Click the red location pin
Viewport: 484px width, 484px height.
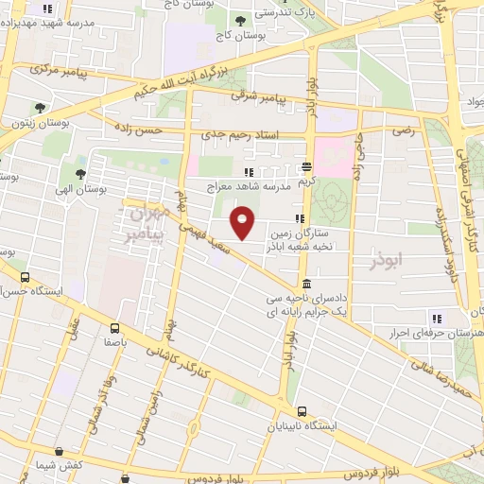[x=243, y=223]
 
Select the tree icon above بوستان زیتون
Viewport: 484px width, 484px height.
[x=40, y=108]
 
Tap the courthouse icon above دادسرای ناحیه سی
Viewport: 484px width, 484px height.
[x=306, y=285]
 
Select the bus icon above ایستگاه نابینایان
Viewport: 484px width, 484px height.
[x=302, y=411]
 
